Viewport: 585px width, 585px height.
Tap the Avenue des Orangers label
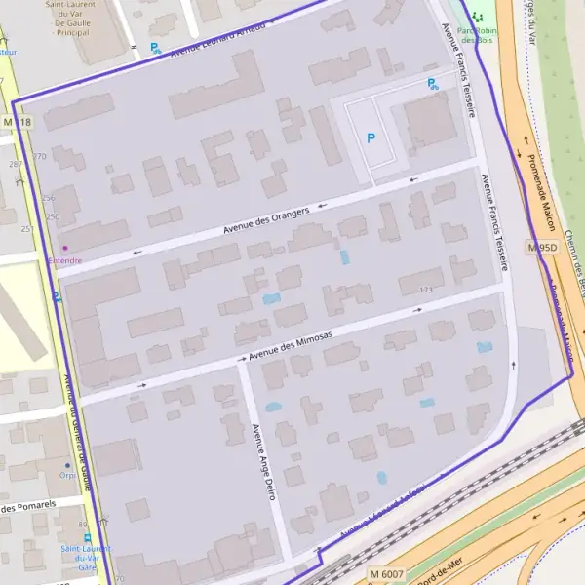pyautogui.click(x=265, y=219)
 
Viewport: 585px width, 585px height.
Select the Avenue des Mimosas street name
pyautogui.click(x=290, y=347)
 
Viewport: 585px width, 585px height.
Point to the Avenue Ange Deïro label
pyautogui.click(x=262, y=462)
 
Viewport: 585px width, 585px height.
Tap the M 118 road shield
pyautogui.click(x=18, y=122)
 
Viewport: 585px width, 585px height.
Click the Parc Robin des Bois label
pyautogui.click(x=477, y=35)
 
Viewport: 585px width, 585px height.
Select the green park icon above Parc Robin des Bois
pyautogui.click(x=477, y=17)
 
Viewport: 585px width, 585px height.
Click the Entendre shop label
pyautogui.click(x=64, y=260)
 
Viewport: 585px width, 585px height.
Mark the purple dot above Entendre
pyautogui.click(x=65, y=248)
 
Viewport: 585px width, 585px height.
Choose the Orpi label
pyautogui.click(x=66, y=477)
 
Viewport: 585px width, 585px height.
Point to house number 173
pyautogui.click(x=425, y=290)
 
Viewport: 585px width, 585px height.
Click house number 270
pyautogui.click(x=39, y=156)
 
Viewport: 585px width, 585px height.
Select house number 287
pyautogui.click(x=15, y=164)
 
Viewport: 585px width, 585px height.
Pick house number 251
pyautogui.click(x=27, y=228)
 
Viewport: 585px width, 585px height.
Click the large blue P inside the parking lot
pyautogui.click(x=370, y=138)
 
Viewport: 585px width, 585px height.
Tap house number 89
pyautogui.click(x=82, y=525)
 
